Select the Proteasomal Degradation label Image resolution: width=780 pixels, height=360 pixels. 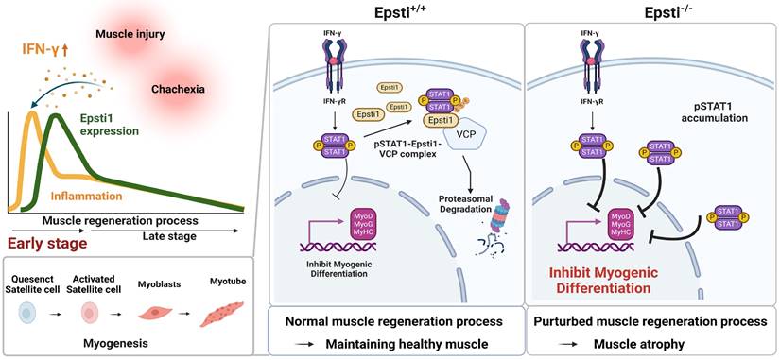click(461, 206)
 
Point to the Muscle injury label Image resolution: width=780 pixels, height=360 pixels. click(132, 36)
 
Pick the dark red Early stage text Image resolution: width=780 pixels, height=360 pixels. click(45, 243)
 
